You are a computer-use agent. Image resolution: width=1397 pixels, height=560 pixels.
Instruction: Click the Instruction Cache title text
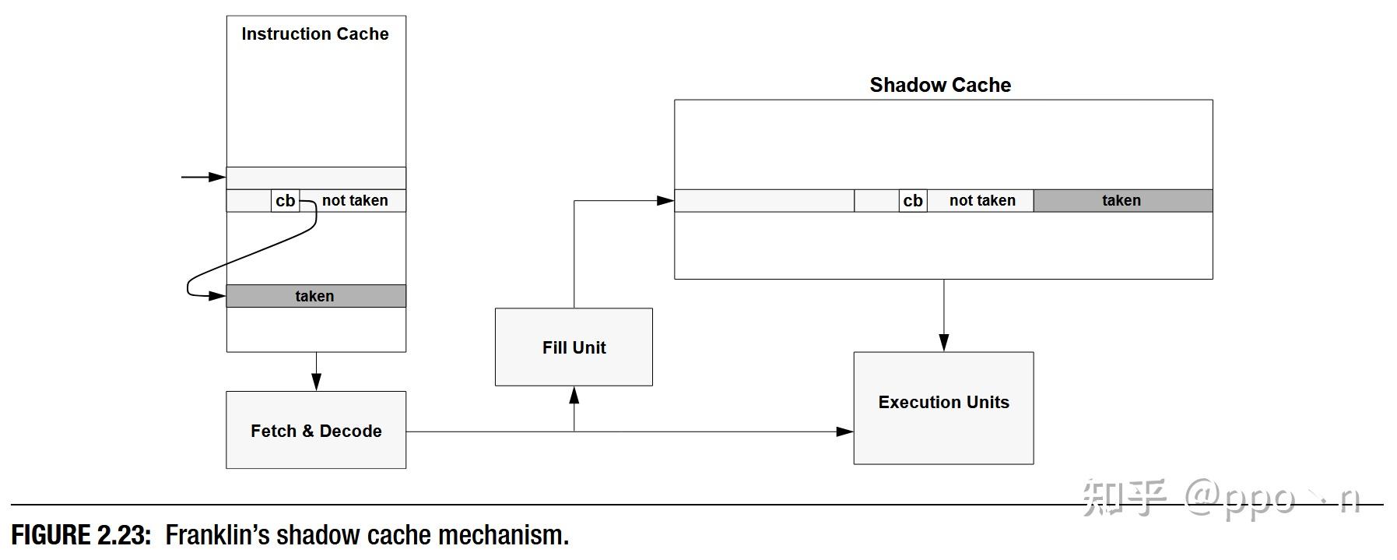point(315,34)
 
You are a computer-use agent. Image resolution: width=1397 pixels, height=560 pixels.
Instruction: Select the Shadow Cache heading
point(940,85)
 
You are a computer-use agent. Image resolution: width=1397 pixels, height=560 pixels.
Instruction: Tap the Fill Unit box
point(574,347)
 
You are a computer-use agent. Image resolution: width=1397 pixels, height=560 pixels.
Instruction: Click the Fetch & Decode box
point(316,430)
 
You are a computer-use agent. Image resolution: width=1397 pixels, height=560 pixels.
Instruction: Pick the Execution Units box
point(943,408)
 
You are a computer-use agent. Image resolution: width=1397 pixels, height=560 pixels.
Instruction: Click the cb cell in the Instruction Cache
point(286,201)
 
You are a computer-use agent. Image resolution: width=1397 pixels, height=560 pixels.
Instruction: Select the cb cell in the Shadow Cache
point(913,201)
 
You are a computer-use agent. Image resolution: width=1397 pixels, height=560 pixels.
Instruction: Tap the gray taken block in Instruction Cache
point(316,296)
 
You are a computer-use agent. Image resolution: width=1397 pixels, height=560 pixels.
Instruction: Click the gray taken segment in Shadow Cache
point(1123,201)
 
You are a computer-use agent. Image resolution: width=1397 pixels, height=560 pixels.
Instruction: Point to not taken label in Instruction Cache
point(355,201)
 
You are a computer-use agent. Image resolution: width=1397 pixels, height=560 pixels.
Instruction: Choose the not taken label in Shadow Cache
point(982,201)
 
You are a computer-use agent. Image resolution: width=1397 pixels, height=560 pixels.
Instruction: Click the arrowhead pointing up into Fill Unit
point(574,395)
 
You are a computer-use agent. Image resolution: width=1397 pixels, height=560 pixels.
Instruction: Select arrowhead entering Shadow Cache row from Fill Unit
point(665,201)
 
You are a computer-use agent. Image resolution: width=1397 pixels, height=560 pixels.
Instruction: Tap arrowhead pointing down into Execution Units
point(944,343)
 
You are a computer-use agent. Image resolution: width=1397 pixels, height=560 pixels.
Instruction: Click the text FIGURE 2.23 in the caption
point(81,535)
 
